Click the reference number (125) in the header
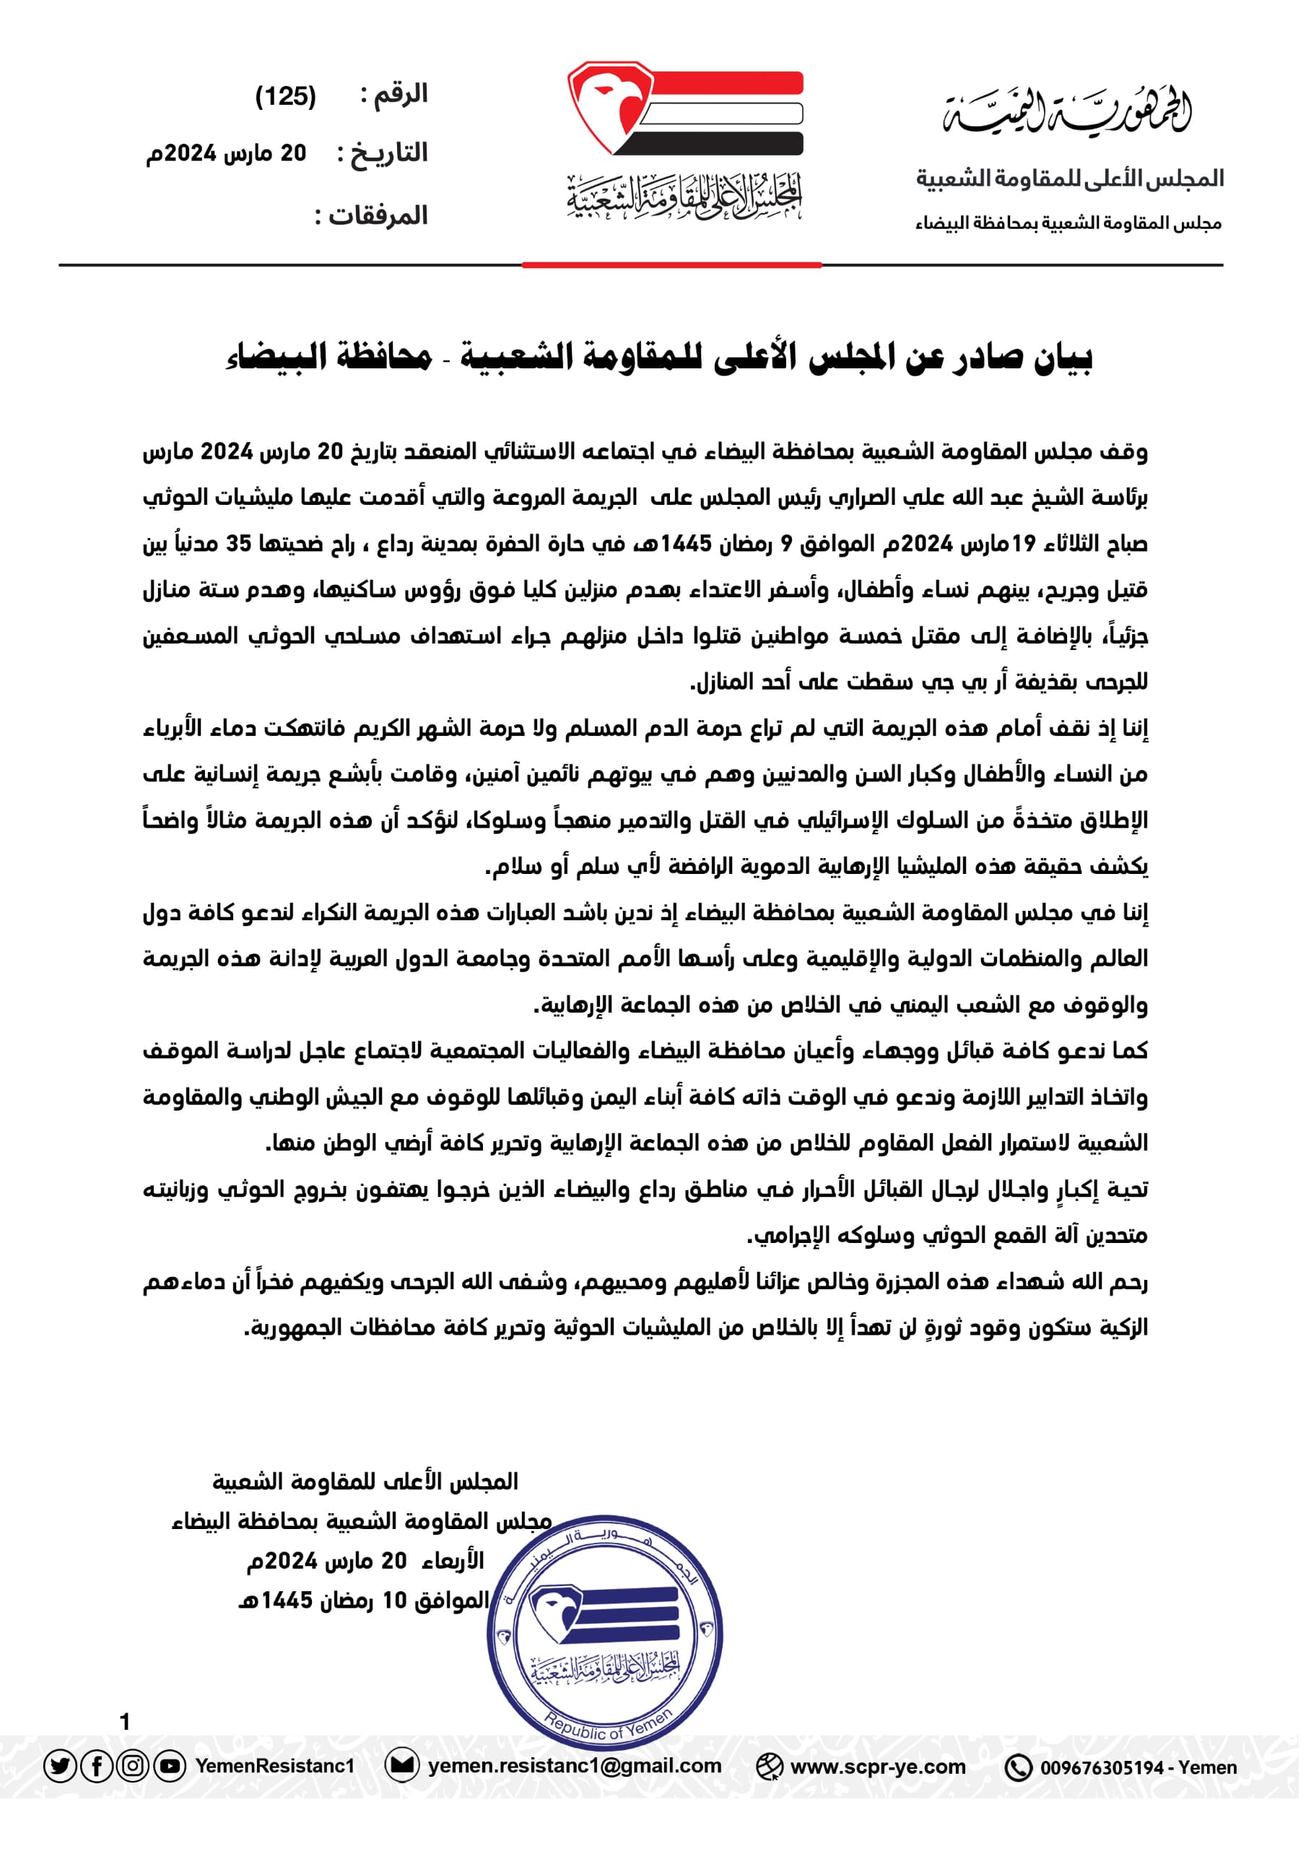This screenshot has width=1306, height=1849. [x=285, y=97]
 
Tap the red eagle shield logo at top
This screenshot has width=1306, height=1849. [x=610, y=106]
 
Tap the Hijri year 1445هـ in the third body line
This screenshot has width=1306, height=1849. [x=687, y=544]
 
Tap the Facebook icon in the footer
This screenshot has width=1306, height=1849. [x=97, y=1766]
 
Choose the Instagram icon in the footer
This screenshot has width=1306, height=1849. [x=133, y=1766]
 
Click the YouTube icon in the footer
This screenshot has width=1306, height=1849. [x=169, y=1766]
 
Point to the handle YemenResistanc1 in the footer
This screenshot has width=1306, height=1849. [x=274, y=1766]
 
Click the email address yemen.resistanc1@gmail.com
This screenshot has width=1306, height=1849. [x=574, y=1766]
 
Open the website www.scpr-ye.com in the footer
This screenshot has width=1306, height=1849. [x=878, y=1767]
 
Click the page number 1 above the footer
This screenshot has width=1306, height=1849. [x=125, y=1721]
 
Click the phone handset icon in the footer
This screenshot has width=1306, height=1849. [x=1018, y=1767]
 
